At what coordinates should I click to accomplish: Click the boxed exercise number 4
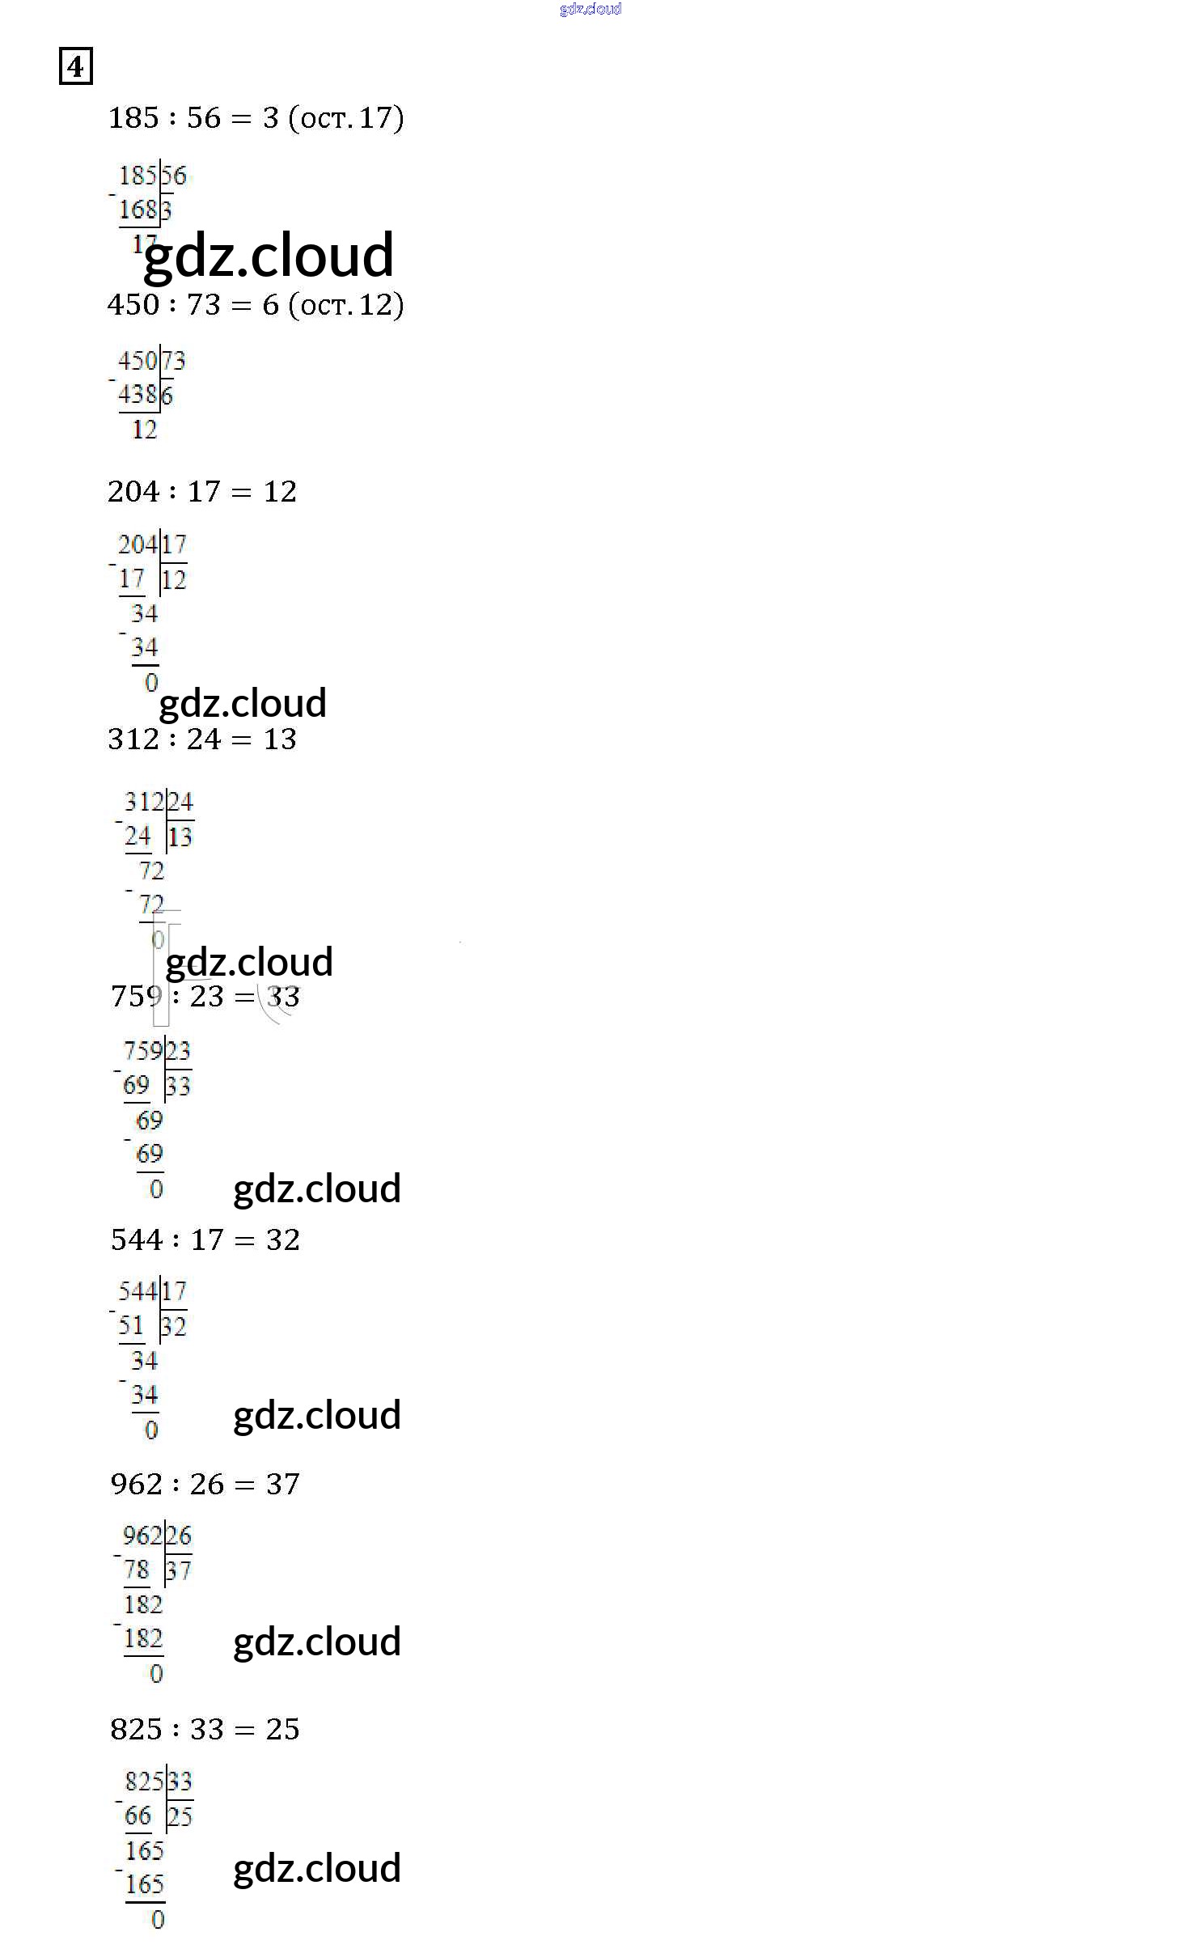click(x=75, y=66)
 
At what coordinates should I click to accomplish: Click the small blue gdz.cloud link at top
click(x=590, y=9)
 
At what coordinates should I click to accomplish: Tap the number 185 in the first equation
click(x=133, y=118)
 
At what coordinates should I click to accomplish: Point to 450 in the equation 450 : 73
click(x=133, y=305)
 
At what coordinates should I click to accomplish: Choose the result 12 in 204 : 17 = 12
click(x=280, y=492)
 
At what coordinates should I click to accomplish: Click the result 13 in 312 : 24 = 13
click(x=280, y=739)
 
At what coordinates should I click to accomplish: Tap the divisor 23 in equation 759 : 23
click(x=207, y=997)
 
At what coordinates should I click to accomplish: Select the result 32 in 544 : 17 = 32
click(x=283, y=1240)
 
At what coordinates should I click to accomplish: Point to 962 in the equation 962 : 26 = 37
click(x=137, y=1485)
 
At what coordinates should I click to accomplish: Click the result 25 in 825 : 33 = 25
click(x=283, y=1730)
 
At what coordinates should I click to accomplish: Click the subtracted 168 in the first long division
click(x=138, y=210)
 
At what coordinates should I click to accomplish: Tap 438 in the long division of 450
click(x=138, y=395)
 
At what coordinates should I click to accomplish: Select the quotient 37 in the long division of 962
click(x=179, y=1571)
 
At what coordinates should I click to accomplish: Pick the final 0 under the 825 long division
click(x=158, y=1920)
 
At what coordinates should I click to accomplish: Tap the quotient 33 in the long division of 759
click(x=179, y=1087)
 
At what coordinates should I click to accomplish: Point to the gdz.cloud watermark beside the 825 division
click(x=317, y=1869)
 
